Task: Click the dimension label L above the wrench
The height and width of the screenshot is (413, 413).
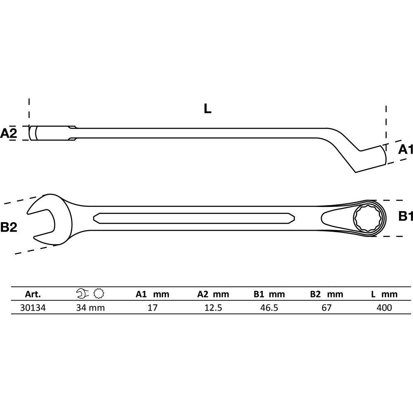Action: (x=208, y=108)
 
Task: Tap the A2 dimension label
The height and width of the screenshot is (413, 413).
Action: (x=8, y=133)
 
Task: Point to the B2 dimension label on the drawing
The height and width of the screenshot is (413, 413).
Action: (x=9, y=227)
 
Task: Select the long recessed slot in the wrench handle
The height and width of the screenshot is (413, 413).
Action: (x=194, y=218)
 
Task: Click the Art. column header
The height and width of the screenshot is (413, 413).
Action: (x=33, y=294)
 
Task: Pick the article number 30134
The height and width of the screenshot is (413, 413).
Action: (x=33, y=308)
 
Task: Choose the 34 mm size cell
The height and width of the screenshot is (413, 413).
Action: (x=90, y=308)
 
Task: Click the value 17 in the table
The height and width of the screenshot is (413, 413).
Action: (x=152, y=308)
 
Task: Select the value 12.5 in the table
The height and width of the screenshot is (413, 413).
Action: (x=214, y=308)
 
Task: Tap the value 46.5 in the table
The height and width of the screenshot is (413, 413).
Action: (x=269, y=308)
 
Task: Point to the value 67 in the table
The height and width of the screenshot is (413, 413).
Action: (x=327, y=308)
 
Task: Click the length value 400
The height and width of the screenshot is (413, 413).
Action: (x=384, y=308)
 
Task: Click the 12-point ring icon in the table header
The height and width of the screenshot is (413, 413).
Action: (x=99, y=294)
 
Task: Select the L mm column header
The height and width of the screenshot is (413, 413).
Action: (x=384, y=294)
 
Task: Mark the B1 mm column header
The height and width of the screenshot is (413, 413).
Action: (x=269, y=294)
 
